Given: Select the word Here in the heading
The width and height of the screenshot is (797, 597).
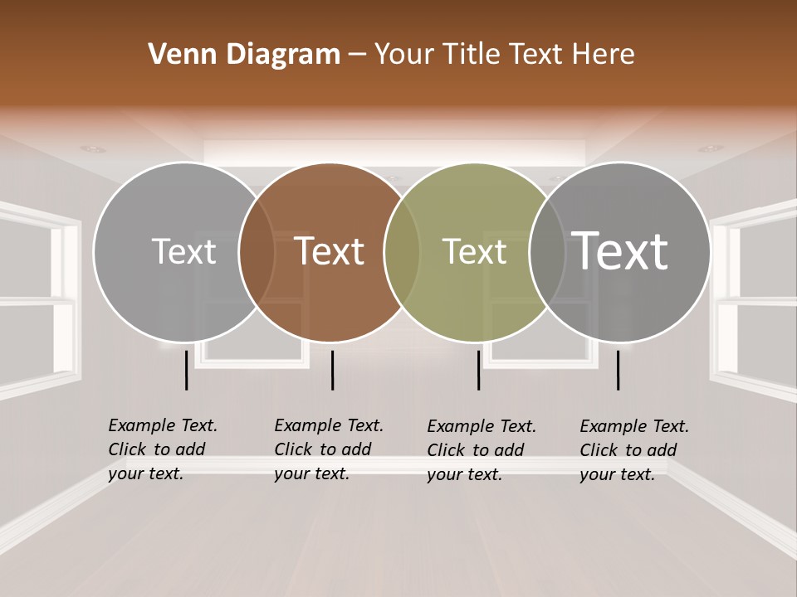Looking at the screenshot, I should pyautogui.click(x=604, y=55).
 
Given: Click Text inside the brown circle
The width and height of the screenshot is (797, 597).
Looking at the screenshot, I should pyautogui.click(x=330, y=251).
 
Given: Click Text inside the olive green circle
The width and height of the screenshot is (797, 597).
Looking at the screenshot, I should pyautogui.click(x=474, y=251).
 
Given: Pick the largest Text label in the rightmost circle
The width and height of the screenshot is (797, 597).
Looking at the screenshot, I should pyautogui.click(x=620, y=250).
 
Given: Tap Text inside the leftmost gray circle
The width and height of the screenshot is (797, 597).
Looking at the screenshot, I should pyautogui.click(x=184, y=251).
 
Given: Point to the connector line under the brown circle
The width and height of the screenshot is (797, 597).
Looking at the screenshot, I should pyautogui.click(x=332, y=370).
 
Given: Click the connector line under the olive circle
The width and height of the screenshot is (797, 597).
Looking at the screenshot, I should pyautogui.click(x=478, y=370).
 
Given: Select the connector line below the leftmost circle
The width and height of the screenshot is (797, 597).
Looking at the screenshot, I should pyautogui.click(x=187, y=370).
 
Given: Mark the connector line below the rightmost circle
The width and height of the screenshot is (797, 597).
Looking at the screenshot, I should pyautogui.click(x=619, y=370).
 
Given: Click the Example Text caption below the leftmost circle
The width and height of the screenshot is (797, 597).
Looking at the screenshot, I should pyautogui.click(x=162, y=449).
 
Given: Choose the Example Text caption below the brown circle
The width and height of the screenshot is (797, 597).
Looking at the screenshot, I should pyautogui.click(x=328, y=449).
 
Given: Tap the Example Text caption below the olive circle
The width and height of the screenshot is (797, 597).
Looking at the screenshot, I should pyautogui.click(x=481, y=450).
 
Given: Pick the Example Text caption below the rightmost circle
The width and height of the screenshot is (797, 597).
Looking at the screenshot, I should pyautogui.click(x=633, y=450).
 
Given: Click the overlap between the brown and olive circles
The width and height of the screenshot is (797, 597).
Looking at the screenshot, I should pyautogui.click(x=402, y=252).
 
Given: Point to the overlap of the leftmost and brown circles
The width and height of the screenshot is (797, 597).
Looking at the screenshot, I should pyautogui.click(x=257, y=252).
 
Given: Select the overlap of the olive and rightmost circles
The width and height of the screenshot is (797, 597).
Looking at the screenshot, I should pyautogui.click(x=547, y=252).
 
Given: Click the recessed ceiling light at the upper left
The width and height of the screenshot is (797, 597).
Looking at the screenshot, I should pyautogui.click(x=93, y=149).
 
